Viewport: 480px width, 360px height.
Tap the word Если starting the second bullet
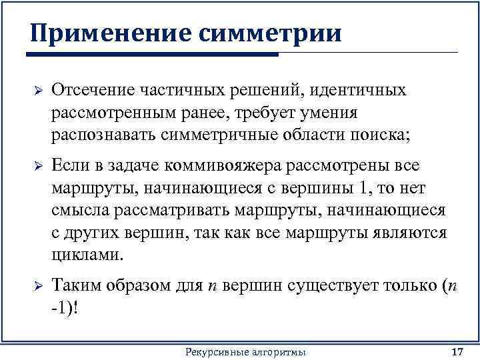[x=68, y=165]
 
